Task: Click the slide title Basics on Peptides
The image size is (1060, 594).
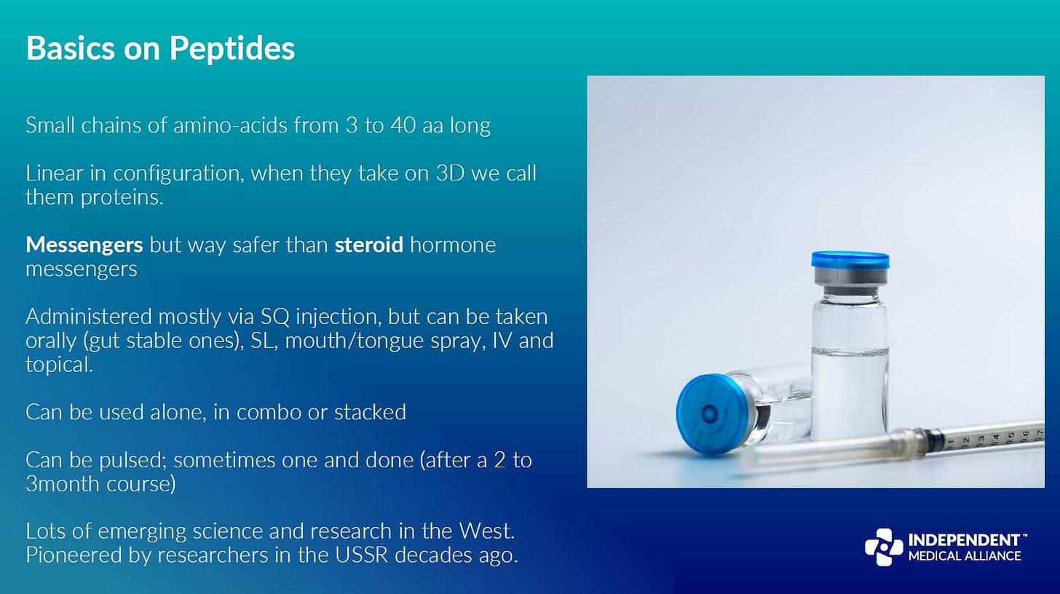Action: (x=160, y=48)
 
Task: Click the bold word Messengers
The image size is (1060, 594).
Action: (x=84, y=245)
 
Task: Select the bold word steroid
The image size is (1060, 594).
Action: (x=368, y=245)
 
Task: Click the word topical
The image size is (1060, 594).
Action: (x=58, y=365)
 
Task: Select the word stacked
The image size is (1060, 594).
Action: (x=370, y=412)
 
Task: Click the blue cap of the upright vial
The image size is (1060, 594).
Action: (x=850, y=260)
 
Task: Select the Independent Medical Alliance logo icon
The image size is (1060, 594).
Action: (x=883, y=547)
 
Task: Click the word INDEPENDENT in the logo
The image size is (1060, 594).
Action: (x=963, y=540)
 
